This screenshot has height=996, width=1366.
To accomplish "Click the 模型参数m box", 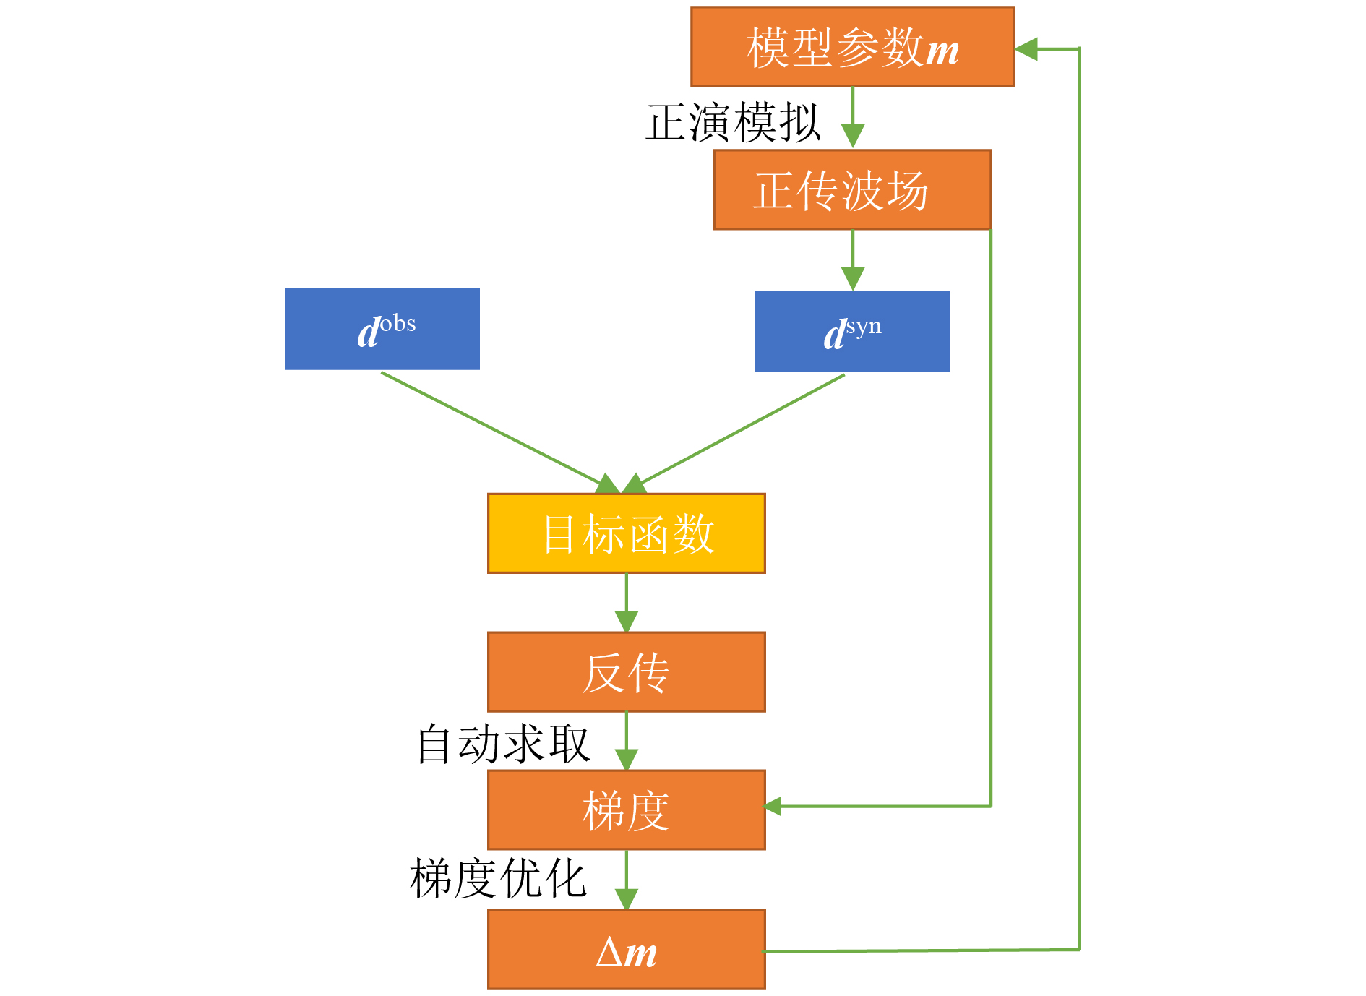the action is (852, 47).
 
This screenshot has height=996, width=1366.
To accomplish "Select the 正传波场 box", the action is (852, 190).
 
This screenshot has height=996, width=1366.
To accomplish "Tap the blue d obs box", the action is (382, 329).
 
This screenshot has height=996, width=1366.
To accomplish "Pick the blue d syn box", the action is (852, 331).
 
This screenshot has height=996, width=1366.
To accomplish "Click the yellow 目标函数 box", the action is (627, 533).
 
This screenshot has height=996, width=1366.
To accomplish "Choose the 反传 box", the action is (627, 672).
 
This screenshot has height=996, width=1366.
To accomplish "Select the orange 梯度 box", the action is (627, 810).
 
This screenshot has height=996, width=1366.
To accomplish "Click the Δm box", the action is (627, 950).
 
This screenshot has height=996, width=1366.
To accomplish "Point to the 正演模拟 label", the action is (733, 122).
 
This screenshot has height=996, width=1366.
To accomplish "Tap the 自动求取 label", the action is (504, 744).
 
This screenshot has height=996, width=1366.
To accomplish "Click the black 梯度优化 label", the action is (498, 878).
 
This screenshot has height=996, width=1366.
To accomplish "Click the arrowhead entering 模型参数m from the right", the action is (1026, 49).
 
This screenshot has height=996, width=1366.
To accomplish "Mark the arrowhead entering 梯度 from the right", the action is (773, 806).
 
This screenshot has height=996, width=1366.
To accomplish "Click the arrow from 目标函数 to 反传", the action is (627, 603).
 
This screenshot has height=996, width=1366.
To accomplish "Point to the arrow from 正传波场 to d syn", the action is (853, 260).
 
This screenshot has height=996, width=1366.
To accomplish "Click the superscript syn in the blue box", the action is (864, 327).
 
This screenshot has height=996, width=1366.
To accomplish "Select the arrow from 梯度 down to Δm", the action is (627, 880).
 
